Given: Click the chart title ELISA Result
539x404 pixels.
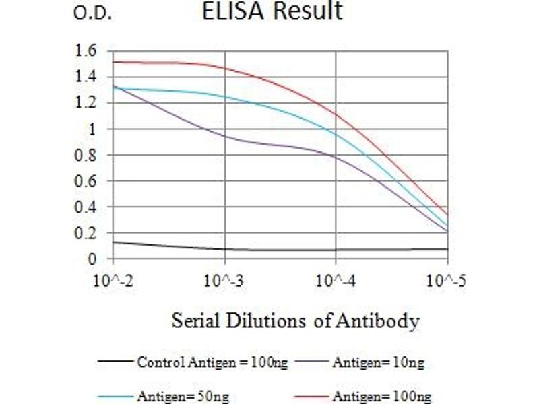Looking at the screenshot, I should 272,11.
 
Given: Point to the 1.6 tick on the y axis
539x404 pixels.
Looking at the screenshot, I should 88,50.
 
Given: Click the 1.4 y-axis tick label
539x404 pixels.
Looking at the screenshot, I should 88,77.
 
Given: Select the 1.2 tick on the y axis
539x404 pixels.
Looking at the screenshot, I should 88,103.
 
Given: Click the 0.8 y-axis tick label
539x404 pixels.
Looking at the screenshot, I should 88,155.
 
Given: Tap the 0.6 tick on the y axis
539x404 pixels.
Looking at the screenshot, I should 88,181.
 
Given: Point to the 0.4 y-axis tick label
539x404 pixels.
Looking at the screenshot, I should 88,207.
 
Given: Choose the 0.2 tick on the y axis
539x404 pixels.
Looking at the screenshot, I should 88,233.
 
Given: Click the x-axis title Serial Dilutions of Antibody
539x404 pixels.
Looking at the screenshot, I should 295,321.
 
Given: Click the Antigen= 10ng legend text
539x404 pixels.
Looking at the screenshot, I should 378,363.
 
